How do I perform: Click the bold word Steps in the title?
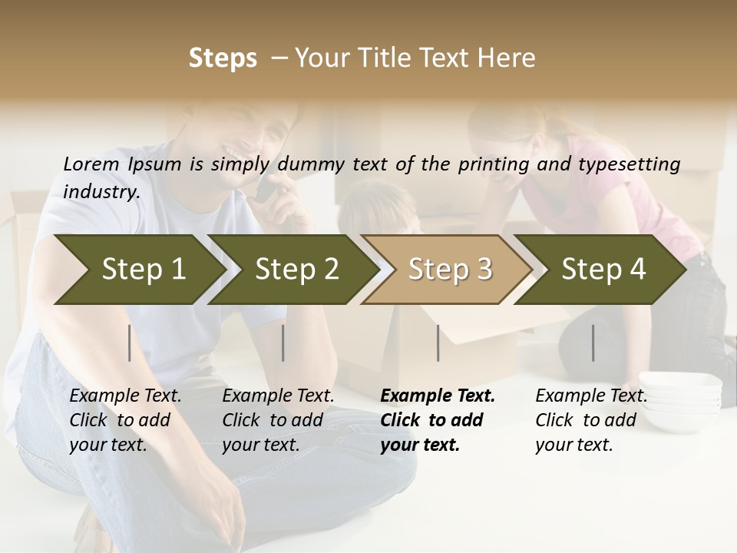223,58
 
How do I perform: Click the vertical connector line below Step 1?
130,343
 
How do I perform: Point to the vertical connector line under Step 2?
283,343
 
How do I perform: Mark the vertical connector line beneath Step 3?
438,343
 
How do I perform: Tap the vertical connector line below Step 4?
593,343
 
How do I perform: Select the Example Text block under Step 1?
126,420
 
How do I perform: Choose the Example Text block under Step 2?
279,420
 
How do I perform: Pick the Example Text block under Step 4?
591,420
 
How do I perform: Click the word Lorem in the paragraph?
91,164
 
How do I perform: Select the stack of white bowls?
680,391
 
